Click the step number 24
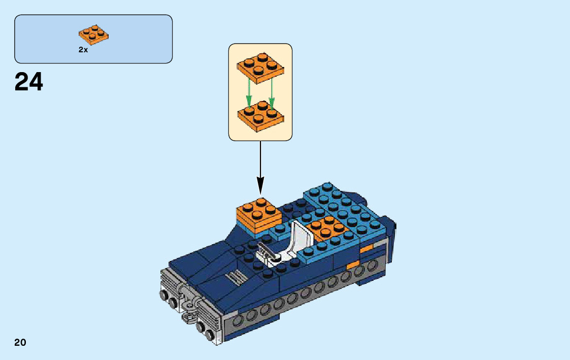click(x=29, y=82)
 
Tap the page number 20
click(x=20, y=342)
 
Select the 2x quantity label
click(x=83, y=50)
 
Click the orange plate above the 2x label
click(x=93, y=35)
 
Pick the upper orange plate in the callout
click(x=260, y=68)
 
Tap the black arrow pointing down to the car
click(x=260, y=168)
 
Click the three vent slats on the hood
click(x=234, y=277)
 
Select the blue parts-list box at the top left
click(x=93, y=39)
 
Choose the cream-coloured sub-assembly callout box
click(x=260, y=92)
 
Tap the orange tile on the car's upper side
click(x=366, y=249)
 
